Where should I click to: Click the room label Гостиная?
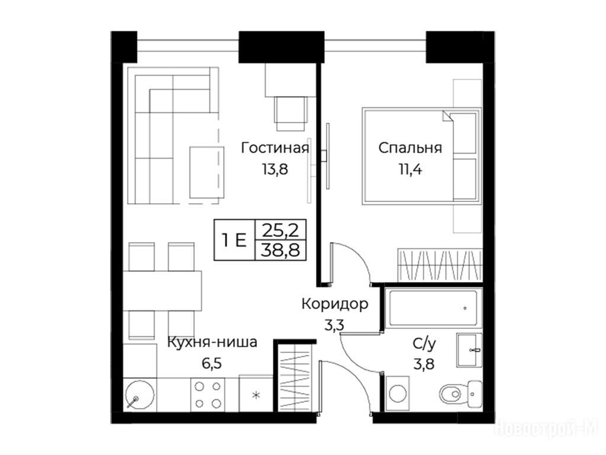point(275,148)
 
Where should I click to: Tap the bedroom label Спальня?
point(410,148)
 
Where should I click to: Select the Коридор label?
point(335,304)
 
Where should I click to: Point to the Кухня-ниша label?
point(212,342)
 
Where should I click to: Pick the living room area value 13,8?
point(275,169)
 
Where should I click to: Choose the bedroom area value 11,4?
point(410,169)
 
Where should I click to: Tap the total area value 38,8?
point(281,251)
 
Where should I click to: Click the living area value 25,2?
point(281,230)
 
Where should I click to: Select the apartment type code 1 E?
point(234,241)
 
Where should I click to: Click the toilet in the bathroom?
point(460,394)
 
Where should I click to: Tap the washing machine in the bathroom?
point(398,393)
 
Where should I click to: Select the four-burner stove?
point(208,395)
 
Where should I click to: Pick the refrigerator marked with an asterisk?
point(256,394)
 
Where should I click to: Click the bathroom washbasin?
point(469,350)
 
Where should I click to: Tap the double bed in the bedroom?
point(421,156)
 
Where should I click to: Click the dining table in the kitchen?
point(163,290)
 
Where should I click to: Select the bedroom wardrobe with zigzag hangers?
point(440,265)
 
